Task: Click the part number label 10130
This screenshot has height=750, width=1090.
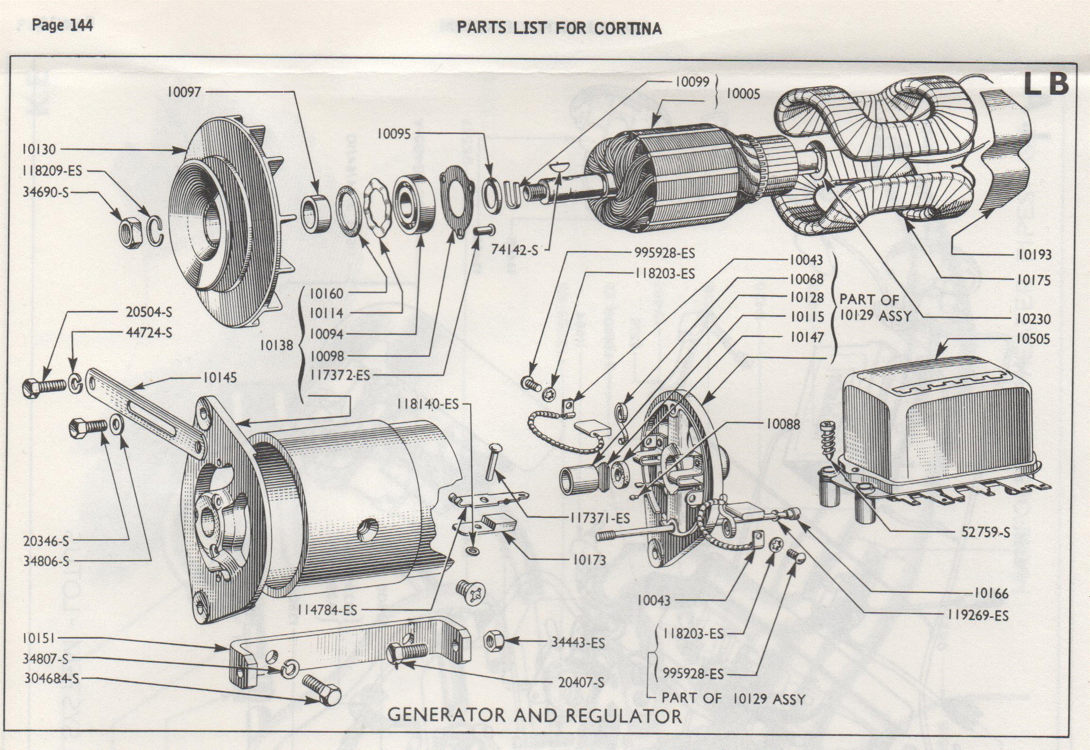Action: pos(39,150)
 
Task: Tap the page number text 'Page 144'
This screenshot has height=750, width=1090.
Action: pos(62,25)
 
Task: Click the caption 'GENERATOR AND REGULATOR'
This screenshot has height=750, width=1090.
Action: pos(534,716)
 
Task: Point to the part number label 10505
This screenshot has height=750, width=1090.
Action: pos(1032,339)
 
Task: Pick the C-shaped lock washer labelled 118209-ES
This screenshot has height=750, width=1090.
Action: pos(156,230)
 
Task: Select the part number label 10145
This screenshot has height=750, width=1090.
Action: pos(220,378)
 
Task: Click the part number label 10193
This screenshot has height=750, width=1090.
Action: pos(1034,255)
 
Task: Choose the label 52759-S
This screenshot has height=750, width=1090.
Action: pos(986,532)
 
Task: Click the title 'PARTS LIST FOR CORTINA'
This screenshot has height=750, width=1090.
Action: pos(559,28)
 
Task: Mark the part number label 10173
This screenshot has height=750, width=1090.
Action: pos(589,560)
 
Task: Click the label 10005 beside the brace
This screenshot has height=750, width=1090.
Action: pos(743,94)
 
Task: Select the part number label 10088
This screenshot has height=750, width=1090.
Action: pos(783,424)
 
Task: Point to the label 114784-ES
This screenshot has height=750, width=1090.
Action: pos(327,610)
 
